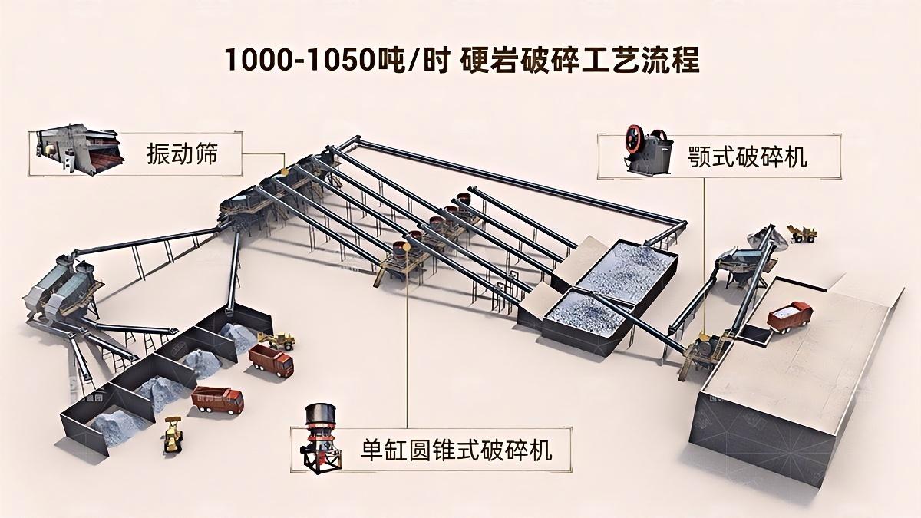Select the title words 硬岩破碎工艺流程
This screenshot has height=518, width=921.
(579, 60)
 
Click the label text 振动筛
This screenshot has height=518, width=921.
(182, 154)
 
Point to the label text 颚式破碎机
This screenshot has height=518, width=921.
(747, 157)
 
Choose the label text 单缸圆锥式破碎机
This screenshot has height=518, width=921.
(456, 450)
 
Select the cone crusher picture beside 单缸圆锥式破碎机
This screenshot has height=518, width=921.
(323, 440)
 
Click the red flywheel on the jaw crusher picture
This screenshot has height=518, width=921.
(635, 139)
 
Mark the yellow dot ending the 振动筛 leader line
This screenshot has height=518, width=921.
(283, 171)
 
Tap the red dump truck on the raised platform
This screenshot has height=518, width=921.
(790, 315)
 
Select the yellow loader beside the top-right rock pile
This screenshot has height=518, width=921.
(802, 233)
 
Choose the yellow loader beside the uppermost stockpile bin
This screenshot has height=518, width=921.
(277, 341)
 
